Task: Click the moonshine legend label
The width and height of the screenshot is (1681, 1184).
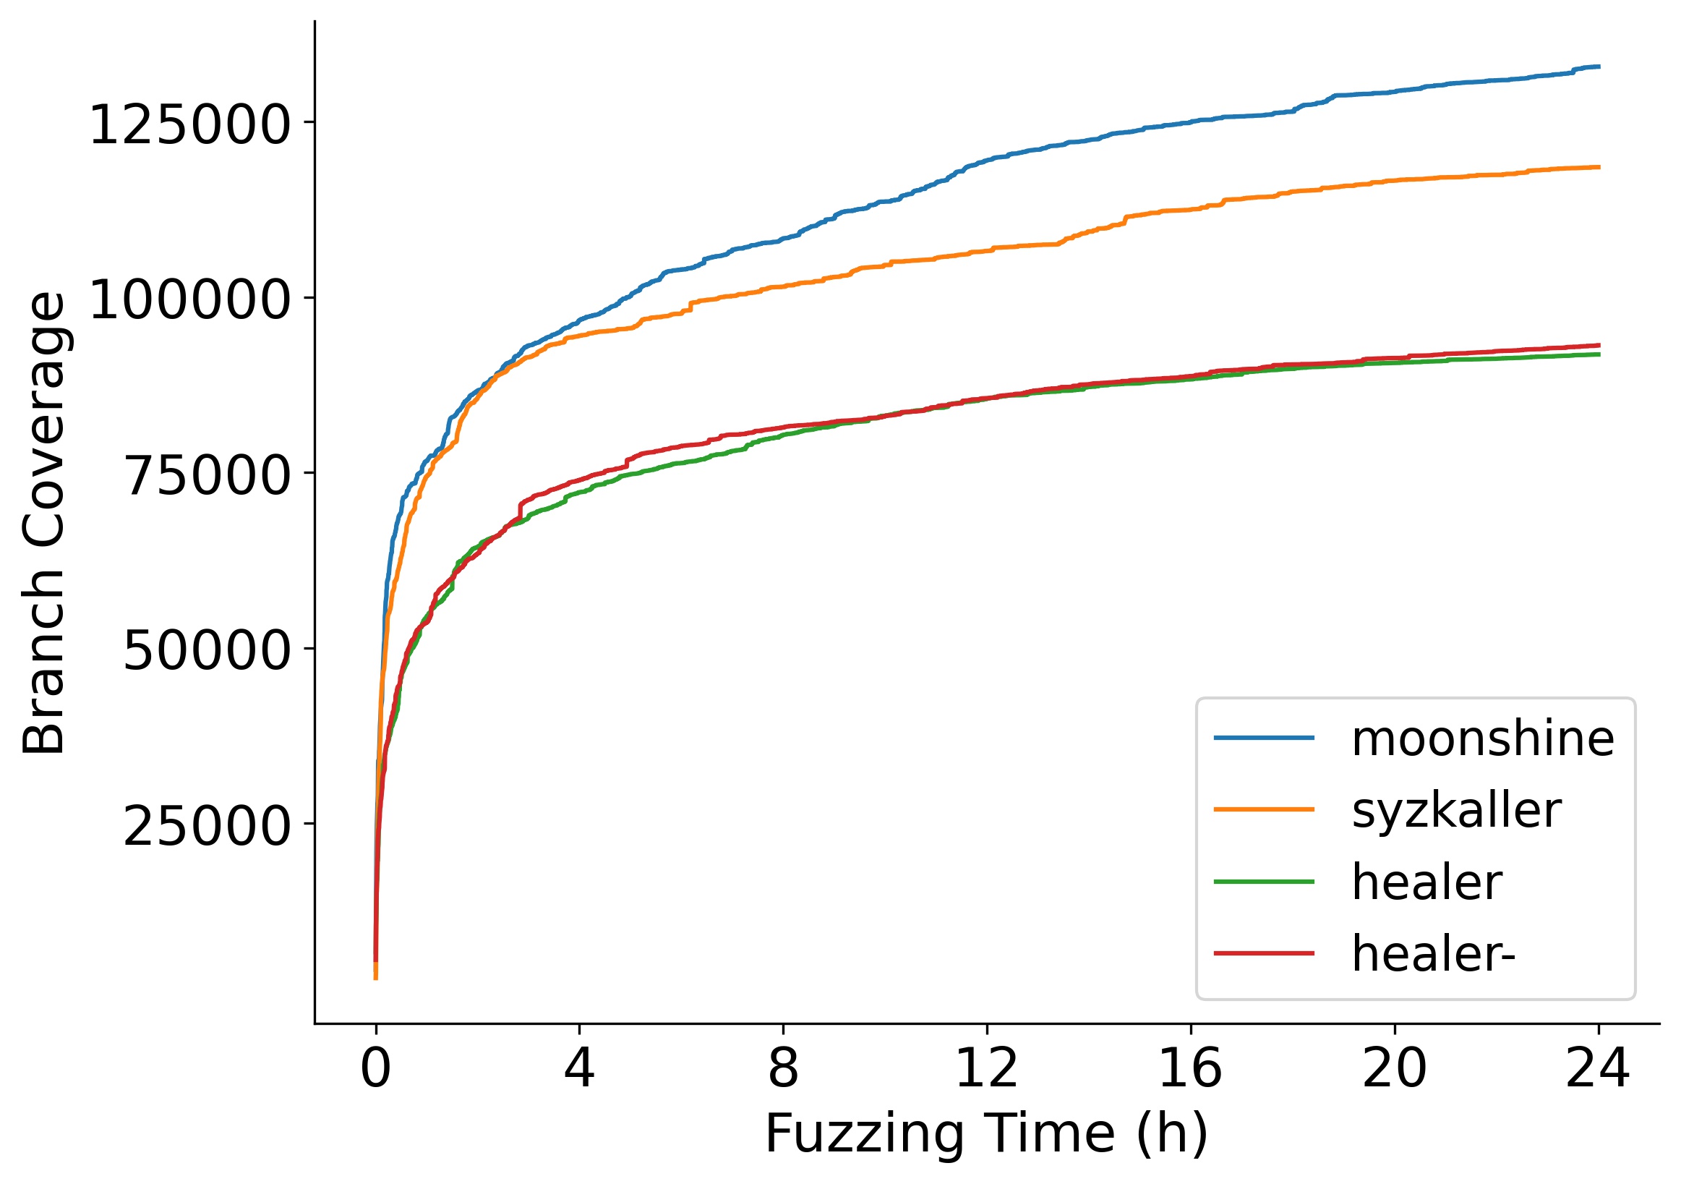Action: tap(1482, 739)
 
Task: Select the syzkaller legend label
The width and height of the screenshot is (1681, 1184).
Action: tap(1456, 811)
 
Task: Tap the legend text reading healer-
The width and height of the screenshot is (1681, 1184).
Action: tap(1434, 954)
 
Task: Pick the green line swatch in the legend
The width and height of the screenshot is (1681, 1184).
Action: tap(1264, 882)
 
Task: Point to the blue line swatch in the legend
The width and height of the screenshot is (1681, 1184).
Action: tap(1264, 738)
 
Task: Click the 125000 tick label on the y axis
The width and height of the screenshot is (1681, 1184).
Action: tap(189, 125)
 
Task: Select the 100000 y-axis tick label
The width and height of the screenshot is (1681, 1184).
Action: tap(189, 300)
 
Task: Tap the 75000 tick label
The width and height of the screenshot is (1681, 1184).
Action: tap(207, 476)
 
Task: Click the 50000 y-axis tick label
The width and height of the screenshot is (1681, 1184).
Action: tap(207, 651)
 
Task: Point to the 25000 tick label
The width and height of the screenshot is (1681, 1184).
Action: tap(207, 827)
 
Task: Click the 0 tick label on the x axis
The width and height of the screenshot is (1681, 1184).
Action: tap(375, 1070)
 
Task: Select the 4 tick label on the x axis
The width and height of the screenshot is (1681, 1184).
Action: tap(579, 1070)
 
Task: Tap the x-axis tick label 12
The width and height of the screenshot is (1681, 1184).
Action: tap(987, 1070)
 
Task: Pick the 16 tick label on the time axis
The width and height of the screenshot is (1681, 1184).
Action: tap(1191, 1070)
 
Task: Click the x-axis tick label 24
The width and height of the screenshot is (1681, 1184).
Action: tap(1598, 1070)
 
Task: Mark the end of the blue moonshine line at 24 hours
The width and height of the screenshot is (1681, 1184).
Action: tap(1599, 67)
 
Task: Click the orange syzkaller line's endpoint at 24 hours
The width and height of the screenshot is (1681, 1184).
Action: tap(1599, 168)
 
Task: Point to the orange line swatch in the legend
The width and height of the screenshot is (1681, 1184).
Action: tap(1264, 810)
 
